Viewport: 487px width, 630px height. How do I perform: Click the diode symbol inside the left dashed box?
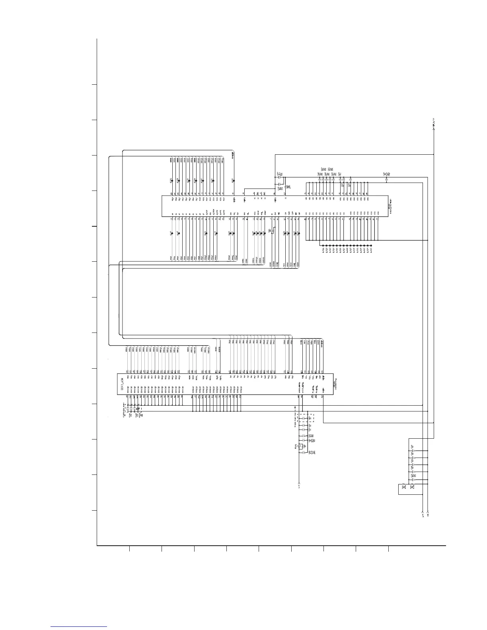(x=138, y=409)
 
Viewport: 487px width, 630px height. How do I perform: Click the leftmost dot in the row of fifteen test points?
(x=322, y=245)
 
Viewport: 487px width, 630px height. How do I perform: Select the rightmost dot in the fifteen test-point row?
(x=372, y=245)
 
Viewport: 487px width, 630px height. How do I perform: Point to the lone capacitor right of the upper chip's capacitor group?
(x=386, y=179)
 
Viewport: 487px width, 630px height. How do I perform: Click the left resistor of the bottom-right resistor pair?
(x=404, y=486)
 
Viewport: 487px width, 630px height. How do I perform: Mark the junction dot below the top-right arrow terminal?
(x=433, y=154)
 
